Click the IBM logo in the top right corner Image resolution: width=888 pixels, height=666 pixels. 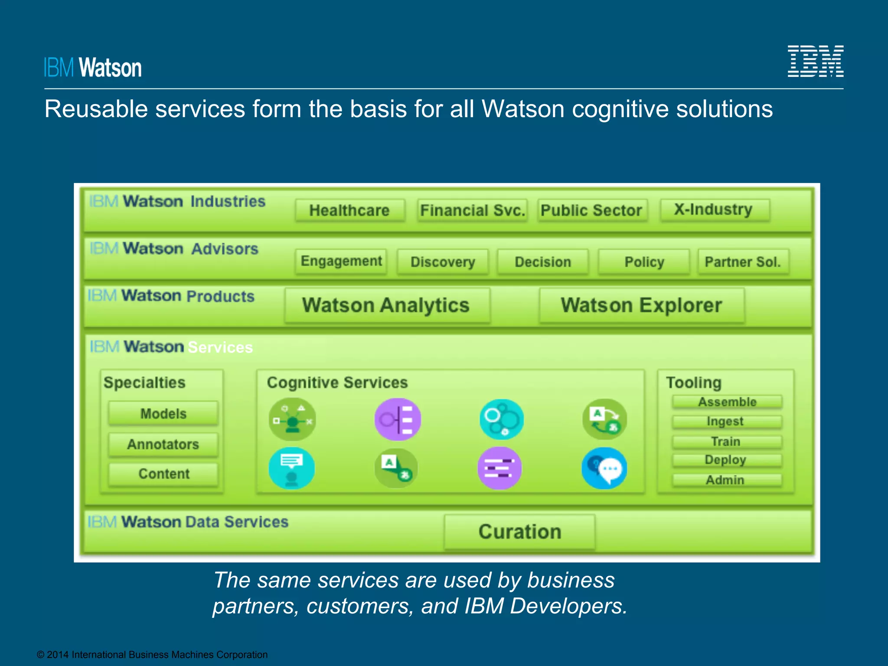click(815, 61)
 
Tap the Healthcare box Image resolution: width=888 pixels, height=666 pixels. click(349, 210)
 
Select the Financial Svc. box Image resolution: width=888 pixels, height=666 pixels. click(472, 210)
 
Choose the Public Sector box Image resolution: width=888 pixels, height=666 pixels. click(591, 210)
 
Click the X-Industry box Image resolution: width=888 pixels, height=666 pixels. click(714, 209)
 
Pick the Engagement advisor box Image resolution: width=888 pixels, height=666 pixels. click(341, 261)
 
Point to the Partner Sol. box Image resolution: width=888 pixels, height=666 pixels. click(743, 262)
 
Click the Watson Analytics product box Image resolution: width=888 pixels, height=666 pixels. click(386, 305)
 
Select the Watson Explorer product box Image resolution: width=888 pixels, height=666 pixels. click(641, 305)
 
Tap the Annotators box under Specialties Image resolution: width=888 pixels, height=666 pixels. click(163, 444)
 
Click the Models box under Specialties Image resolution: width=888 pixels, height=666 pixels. click(163, 414)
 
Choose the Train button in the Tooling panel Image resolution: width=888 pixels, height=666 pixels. click(726, 441)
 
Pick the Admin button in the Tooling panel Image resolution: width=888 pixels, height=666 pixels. click(725, 480)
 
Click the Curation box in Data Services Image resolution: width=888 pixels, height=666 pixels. click(519, 532)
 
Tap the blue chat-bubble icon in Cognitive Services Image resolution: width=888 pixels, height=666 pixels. click(604, 468)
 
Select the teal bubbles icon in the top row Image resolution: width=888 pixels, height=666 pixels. click(502, 419)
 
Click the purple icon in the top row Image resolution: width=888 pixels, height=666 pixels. click(398, 419)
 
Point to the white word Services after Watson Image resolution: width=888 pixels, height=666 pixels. click(220, 347)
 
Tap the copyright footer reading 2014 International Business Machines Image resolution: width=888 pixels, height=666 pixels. click(152, 655)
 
